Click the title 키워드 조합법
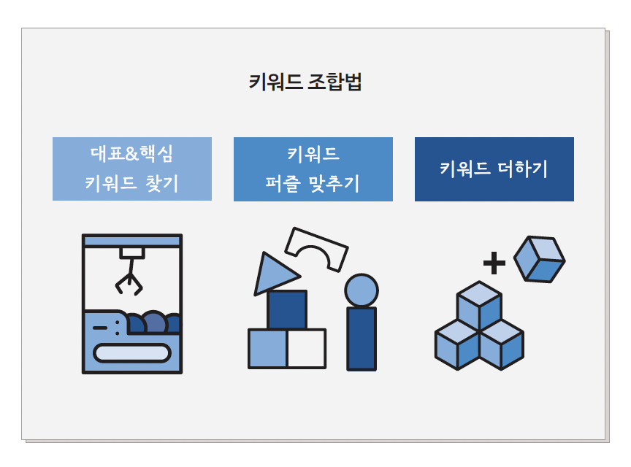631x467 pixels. tap(305, 82)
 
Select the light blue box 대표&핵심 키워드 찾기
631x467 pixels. tap(132, 169)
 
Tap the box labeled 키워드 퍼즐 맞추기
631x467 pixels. tap(313, 169)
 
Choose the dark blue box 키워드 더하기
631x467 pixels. tap(494, 169)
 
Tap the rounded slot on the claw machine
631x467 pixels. tap(132, 353)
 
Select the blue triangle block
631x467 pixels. tap(272, 274)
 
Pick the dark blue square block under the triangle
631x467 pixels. tap(286, 310)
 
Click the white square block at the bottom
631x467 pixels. tap(306, 349)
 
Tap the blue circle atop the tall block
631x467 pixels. tap(362, 290)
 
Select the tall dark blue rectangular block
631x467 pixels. tap(362, 338)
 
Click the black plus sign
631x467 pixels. tap(494, 263)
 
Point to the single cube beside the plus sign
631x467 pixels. tap(539, 259)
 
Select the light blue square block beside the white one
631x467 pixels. tap(267, 349)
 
